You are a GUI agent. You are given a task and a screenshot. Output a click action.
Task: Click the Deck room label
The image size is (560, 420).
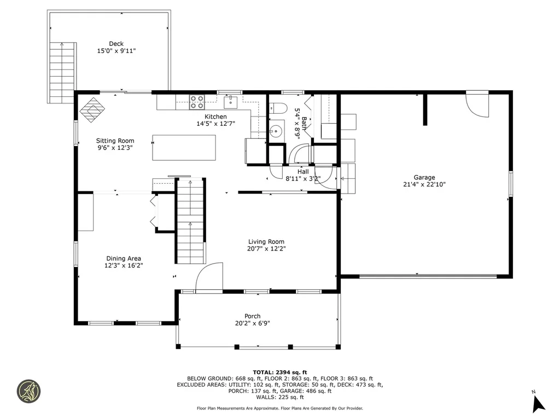coord(116,44)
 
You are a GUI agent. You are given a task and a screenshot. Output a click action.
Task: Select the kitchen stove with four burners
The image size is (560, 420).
coord(197,102)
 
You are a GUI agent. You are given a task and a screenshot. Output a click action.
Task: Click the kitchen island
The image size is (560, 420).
coord(184,148)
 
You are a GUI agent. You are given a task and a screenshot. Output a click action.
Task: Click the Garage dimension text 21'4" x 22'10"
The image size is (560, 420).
coord(424,185)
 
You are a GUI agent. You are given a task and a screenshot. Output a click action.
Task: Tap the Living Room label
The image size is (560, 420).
coord(266,242)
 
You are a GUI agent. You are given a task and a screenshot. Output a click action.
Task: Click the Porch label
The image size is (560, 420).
coord(252,316)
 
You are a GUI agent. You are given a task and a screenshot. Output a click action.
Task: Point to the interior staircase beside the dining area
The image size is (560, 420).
coord(190,221)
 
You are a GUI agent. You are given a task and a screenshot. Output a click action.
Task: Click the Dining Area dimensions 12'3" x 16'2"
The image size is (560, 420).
coord(124,266)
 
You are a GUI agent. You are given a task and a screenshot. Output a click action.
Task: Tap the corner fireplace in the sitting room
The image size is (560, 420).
coord(92,108)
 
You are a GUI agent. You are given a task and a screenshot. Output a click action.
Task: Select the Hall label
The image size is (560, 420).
coord(302,172)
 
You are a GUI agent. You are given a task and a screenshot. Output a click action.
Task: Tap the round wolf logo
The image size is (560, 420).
coord(28,392)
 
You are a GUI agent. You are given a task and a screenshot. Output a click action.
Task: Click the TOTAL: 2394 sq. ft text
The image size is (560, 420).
coord(279,372)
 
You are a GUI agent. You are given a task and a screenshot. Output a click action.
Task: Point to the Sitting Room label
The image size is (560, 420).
coord(115,141)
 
